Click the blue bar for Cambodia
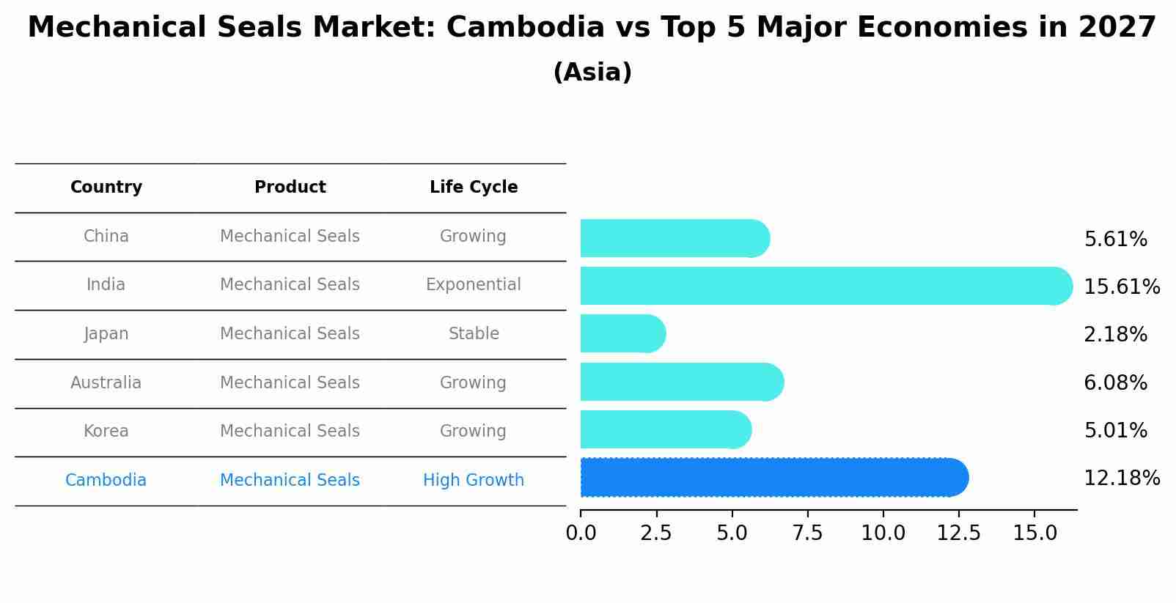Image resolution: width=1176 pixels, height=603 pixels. pyautogui.click(x=773, y=478)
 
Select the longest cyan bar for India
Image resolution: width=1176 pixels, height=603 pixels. pyautogui.click(x=826, y=286)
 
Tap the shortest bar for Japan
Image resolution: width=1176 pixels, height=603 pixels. pyautogui.click(x=622, y=333)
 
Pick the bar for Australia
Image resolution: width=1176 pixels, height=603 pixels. pyautogui.click(x=681, y=382)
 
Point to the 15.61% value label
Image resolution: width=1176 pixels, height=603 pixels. pyautogui.click(x=1121, y=286)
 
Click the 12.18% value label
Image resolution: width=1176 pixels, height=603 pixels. pyautogui.click(x=1121, y=478)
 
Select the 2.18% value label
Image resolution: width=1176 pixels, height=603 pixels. pyautogui.click(x=1115, y=335)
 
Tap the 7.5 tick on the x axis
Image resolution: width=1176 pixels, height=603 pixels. pyautogui.click(x=807, y=533)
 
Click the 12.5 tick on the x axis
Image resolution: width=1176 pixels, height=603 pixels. pyautogui.click(x=958, y=533)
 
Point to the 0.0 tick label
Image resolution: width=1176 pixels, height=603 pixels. pyautogui.click(x=581, y=533)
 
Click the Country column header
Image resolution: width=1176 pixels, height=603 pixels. pyautogui.click(x=106, y=188)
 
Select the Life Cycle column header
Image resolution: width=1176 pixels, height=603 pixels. pyautogui.click(x=474, y=188)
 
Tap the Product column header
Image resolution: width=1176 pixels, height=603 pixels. pyautogui.click(x=290, y=188)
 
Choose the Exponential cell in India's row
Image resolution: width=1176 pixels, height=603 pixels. pyautogui.click(x=474, y=285)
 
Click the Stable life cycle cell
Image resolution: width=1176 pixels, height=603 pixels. pyautogui.click(x=474, y=334)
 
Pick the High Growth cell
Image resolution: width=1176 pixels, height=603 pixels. pyautogui.click(x=474, y=481)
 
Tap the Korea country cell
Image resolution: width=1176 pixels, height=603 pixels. pyautogui.click(x=106, y=432)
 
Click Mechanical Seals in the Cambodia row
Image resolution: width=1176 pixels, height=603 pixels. pyautogui.click(x=290, y=481)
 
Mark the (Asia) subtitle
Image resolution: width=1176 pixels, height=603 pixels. pyautogui.click(x=592, y=73)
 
